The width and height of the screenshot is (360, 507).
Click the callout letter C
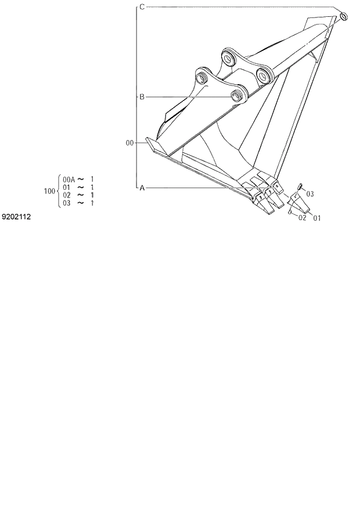click(x=142, y=7)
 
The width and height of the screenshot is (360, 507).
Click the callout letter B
click(x=141, y=97)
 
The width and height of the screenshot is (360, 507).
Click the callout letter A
click(x=142, y=188)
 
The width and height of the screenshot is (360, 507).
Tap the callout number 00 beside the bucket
click(x=129, y=142)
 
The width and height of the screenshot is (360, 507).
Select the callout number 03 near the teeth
click(x=310, y=193)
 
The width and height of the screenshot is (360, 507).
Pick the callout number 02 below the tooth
click(x=302, y=218)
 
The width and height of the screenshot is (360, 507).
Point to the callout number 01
click(x=316, y=218)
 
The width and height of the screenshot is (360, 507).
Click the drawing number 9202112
click(x=16, y=217)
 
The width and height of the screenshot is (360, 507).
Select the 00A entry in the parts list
click(x=69, y=179)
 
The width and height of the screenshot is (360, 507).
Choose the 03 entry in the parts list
click(x=66, y=203)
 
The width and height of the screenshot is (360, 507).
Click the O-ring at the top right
click(x=343, y=16)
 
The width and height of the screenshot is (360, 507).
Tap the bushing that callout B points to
click(x=237, y=95)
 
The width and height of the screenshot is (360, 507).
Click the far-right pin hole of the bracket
click(x=264, y=75)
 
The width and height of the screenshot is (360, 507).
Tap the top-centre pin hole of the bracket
click(x=228, y=58)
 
